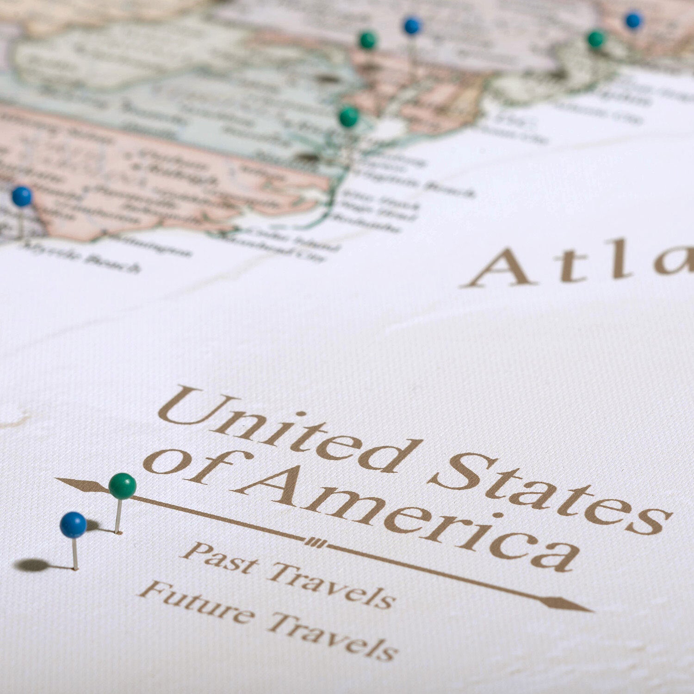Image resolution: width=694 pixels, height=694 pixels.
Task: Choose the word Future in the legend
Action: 197,601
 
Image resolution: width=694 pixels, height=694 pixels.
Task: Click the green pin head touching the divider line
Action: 123,486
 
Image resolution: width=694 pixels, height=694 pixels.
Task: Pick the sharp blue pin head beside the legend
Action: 73,525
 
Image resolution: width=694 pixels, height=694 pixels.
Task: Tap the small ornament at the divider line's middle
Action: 316,543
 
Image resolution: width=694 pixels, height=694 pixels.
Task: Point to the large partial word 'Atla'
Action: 578,264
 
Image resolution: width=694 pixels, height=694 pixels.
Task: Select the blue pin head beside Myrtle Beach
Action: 21,196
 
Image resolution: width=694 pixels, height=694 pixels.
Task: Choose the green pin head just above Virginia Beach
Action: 349,117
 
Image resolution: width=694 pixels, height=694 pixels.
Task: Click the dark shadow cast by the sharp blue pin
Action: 32,564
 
